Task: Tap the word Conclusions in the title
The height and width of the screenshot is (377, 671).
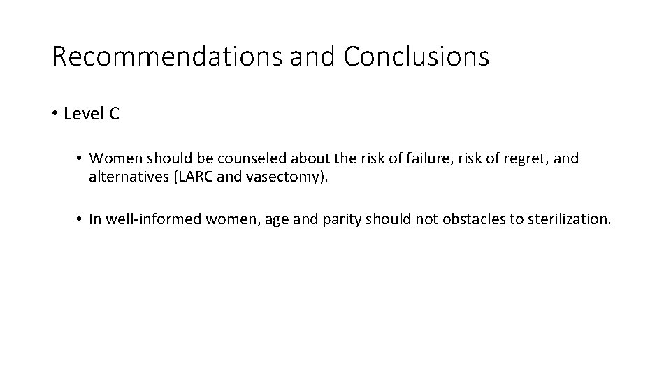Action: coord(416,57)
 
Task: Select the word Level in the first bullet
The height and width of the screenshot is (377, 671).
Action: coord(83,114)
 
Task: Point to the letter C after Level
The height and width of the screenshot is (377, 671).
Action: coord(114,114)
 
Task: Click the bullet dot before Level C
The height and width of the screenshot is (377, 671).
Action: coord(55,114)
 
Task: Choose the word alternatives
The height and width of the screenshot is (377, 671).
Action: coord(129,177)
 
